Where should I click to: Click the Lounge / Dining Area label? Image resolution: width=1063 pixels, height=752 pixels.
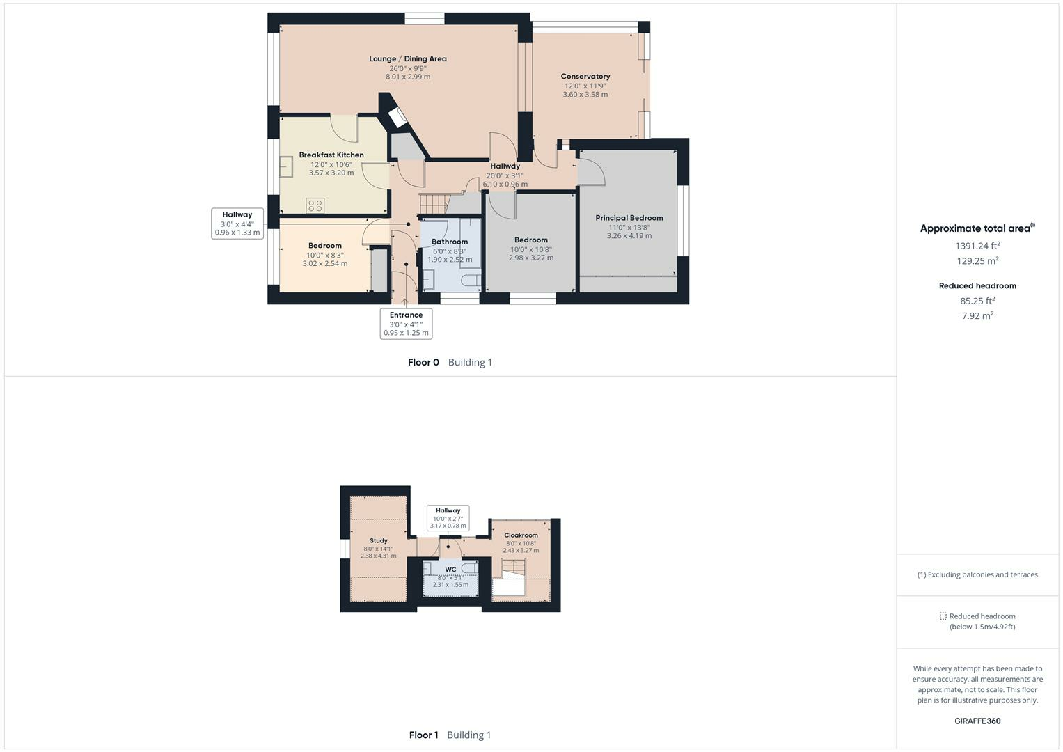point(408,59)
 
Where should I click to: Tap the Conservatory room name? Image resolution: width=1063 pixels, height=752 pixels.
point(585,77)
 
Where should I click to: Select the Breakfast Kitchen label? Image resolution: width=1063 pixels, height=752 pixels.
point(331,155)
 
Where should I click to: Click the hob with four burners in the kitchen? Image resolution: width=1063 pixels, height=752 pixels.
point(315,205)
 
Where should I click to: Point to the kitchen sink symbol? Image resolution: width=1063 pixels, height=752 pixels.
point(286,167)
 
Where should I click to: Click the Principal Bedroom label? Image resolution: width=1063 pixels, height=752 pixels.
point(629,218)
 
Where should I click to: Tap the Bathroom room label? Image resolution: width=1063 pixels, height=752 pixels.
point(449,242)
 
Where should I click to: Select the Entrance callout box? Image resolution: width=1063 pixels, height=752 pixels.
point(406,324)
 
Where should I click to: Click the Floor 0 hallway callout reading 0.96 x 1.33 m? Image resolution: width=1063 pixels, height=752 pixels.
point(237,224)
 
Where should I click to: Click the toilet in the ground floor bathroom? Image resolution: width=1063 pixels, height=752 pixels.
point(471,281)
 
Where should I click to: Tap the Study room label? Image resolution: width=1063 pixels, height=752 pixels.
point(378,541)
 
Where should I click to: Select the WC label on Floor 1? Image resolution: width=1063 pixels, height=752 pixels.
point(450,570)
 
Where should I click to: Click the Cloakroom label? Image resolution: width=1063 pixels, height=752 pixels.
point(521,535)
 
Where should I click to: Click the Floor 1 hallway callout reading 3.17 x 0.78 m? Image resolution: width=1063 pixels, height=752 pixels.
point(448,518)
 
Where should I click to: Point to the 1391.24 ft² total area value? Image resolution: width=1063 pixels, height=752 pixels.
point(977,246)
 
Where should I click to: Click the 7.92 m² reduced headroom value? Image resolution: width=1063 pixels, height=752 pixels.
point(977,316)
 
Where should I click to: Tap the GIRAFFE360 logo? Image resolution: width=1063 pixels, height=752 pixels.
point(977,721)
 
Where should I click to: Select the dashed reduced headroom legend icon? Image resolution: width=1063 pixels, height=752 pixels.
point(943,616)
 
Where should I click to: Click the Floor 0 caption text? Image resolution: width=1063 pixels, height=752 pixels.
point(423,362)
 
